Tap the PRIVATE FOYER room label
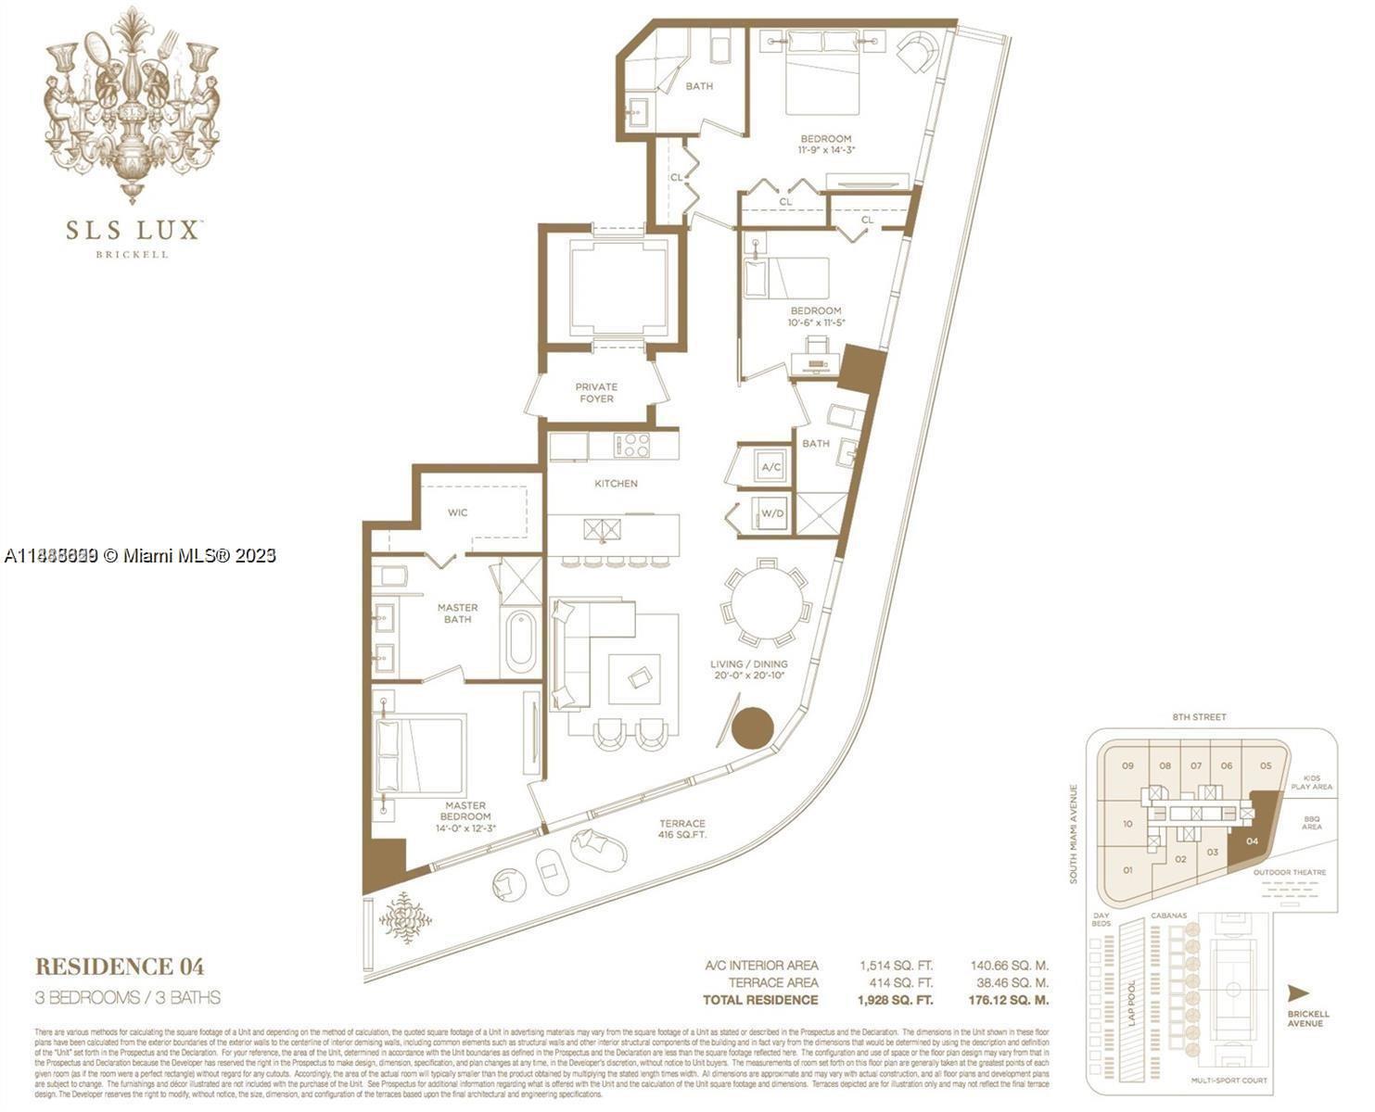click(596, 393)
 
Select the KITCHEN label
click(616, 484)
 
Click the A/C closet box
click(770, 468)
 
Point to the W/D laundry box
click(771, 513)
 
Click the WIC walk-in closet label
click(458, 512)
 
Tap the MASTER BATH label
click(457, 613)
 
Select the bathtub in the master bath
click(520, 639)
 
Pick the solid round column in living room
click(752, 728)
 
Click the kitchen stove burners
click(634, 445)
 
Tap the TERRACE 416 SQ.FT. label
click(682, 828)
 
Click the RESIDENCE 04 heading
click(120, 967)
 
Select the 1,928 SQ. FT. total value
click(896, 1000)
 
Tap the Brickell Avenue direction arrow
click(1298, 993)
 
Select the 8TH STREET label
click(1198, 717)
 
